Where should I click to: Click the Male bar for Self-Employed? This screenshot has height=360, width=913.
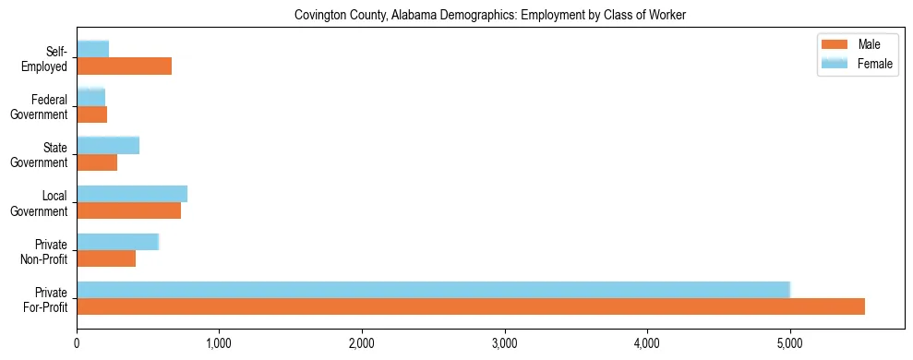(124, 66)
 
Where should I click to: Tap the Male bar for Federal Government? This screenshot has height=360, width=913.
(91, 114)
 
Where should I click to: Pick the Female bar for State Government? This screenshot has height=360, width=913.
(107, 145)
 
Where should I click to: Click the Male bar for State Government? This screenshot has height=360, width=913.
(97, 162)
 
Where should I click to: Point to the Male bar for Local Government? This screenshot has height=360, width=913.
(128, 210)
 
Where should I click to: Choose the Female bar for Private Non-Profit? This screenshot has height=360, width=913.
(117, 242)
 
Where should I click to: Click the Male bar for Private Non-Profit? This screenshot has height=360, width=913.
(106, 258)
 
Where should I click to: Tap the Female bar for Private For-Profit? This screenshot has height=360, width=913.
(433, 290)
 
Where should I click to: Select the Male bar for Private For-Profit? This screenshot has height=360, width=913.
(471, 306)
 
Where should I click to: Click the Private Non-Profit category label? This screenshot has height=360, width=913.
(47, 251)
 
